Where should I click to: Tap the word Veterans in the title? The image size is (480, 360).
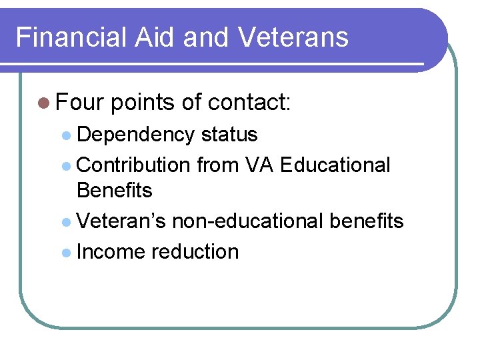click(x=293, y=37)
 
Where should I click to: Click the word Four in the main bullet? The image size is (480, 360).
click(x=80, y=103)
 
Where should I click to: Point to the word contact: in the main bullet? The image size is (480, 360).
click(x=249, y=103)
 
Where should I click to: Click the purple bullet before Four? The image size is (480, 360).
click(x=44, y=103)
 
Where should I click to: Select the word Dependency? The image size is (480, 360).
click(x=136, y=135)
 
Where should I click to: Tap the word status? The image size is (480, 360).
click(x=229, y=135)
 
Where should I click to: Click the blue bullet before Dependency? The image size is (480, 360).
click(x=65, y=135)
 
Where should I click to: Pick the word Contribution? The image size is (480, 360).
click(x=134, y=165)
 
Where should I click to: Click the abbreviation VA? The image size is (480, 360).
click(x=259, y=165)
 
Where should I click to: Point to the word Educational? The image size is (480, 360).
click(x=335, y=165)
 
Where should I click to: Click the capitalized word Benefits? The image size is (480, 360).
click(x=115, y=191)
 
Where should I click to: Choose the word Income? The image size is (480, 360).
click(x=111, y=252)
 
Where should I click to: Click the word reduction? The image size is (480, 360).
click(x=195, y=252)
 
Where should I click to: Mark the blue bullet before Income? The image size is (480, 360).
click(x=65, y=253)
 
